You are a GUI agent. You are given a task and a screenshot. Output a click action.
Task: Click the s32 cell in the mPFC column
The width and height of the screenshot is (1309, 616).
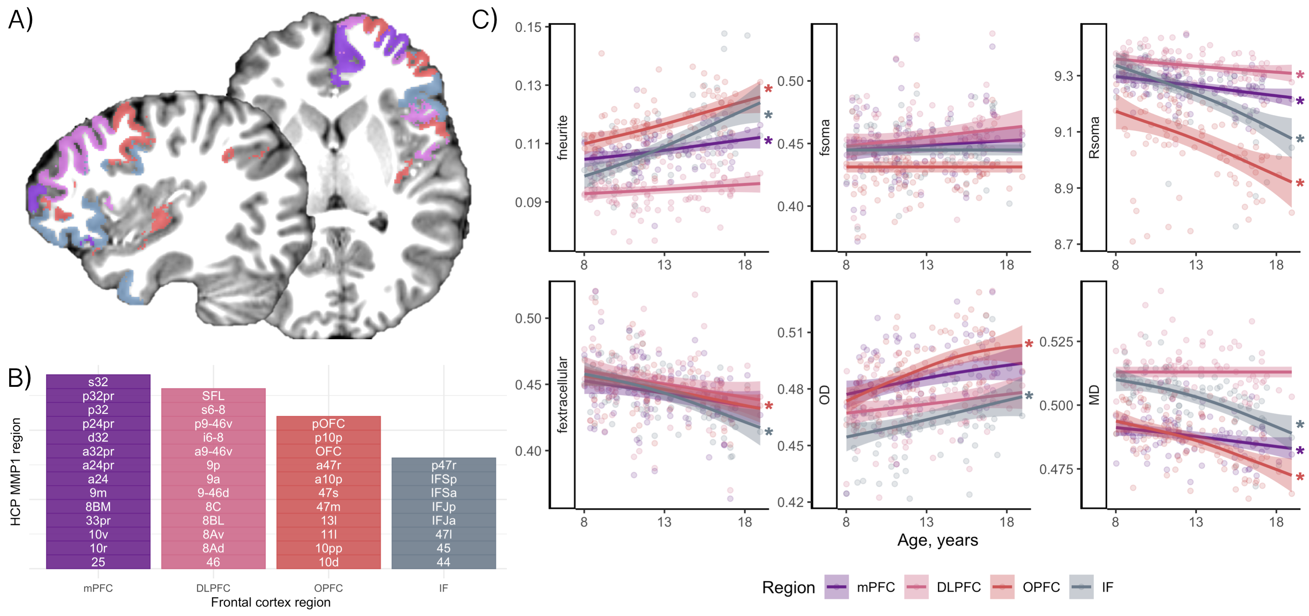(98, 382)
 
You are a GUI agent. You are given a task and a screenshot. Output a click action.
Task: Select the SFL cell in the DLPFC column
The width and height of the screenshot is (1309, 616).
(213, 396)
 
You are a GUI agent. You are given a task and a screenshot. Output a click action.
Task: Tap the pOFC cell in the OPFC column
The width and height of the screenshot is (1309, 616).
(328, 423)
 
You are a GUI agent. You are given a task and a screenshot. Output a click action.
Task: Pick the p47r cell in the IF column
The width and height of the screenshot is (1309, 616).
(443, 465)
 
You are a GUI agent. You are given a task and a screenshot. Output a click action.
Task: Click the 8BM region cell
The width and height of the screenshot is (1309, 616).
(98, 507)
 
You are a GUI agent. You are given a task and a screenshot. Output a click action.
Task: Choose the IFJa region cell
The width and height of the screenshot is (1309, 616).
(443, 520)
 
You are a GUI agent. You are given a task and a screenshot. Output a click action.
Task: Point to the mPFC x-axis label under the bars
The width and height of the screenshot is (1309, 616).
(98, 588)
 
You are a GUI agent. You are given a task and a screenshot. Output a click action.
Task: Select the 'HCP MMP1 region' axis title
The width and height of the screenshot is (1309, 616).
(16, 471)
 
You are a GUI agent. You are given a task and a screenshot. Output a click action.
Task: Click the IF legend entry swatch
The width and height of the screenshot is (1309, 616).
(1081, 587)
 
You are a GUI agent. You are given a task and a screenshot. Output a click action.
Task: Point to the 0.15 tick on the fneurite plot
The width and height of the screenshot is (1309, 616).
(529, 27)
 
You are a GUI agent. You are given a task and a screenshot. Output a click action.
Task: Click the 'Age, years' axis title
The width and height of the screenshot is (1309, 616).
(938, 540)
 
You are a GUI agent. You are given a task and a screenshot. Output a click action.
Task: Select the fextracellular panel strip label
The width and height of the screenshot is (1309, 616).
(562, 394)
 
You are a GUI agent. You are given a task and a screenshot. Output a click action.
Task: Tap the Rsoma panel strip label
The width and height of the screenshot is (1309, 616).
(1093, 137)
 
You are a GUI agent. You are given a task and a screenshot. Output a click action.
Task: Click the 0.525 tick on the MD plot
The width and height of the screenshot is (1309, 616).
(1056, 341)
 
